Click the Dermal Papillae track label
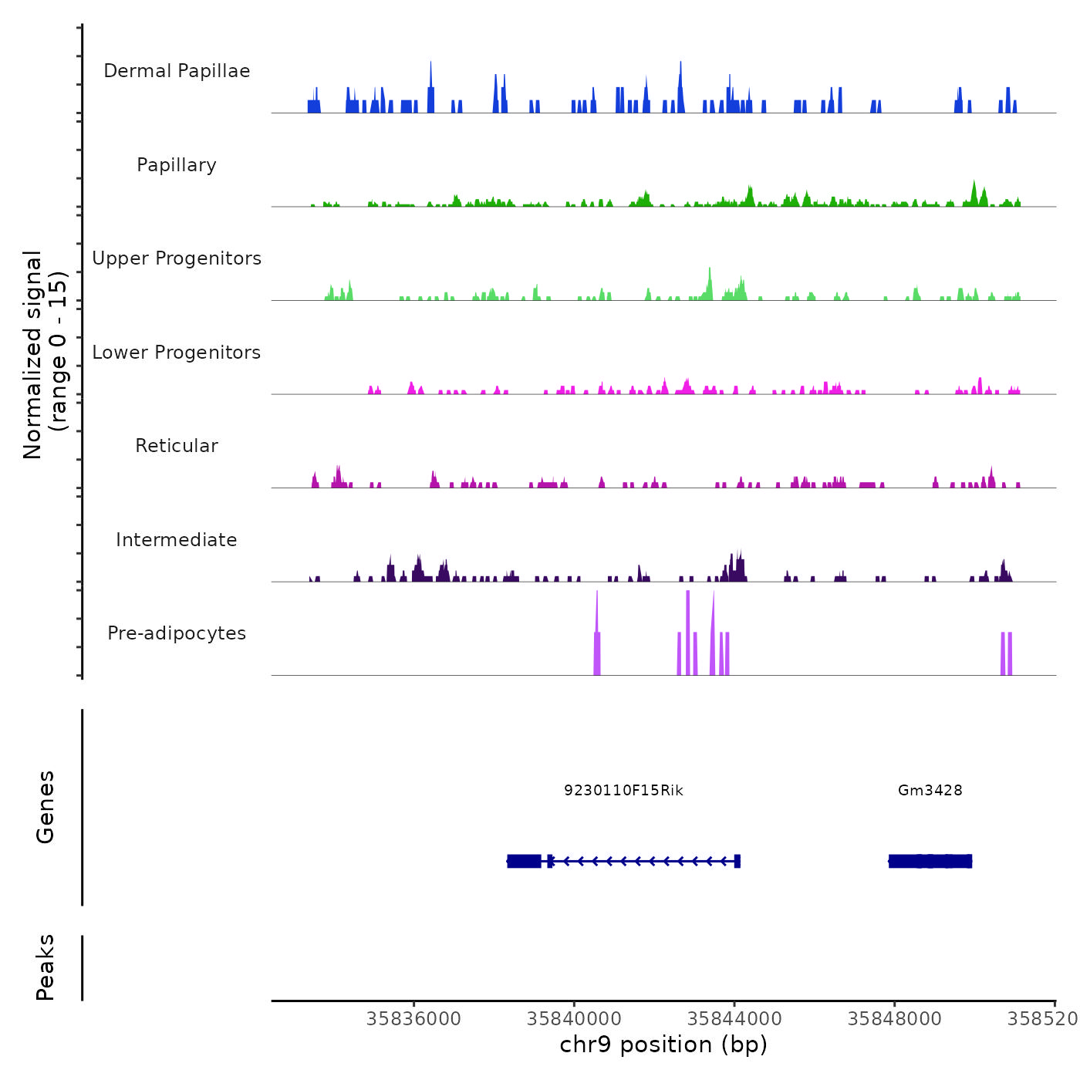(x=177, y=71)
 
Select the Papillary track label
(x=177, y=165)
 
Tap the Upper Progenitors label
(x=177, y=258)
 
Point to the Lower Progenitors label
(x=177, y=353)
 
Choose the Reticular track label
(x=177, y=446)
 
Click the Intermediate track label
(x=177, y=540)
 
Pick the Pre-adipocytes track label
(x=177, y=633)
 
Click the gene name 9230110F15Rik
(x=623, y=790)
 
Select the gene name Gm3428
(x=930, y=790)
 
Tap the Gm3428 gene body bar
(x=930, y=861)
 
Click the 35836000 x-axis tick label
(x=413, y=1018)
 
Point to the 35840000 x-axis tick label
(x=574, y=1018)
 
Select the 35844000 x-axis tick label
(x=734, y=1018)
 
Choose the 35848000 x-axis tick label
(x=894, y=1018)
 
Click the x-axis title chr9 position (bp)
(x=663, y=1045)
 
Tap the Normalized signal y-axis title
(x=45, y=354)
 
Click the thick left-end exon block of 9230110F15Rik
(x=524, y=861)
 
